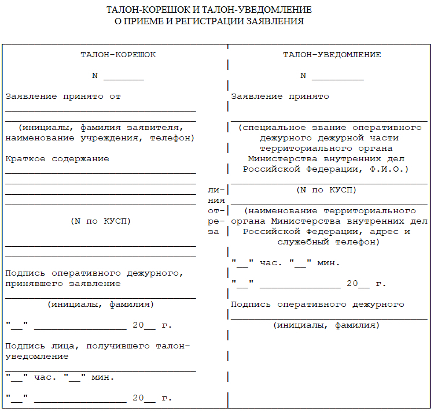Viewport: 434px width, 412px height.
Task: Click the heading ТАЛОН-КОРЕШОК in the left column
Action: pyautogui.click(x=117, y=55)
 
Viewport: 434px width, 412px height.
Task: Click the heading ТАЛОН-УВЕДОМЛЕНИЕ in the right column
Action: pyautogui.click(x=332, y=55)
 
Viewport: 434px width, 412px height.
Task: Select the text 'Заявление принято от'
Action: pyautogui.click(x=62, y=96)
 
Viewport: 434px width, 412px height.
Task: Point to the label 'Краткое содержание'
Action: pyautogui.click(x=57, y=159)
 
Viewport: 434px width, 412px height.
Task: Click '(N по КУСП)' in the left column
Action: pyautogui.click(x=100, y=221)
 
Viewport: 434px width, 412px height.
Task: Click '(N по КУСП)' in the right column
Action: pyautogui.click(x=326, y=190)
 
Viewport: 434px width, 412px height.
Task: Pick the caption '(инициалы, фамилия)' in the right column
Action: pyautogui.click(x=326, y=325)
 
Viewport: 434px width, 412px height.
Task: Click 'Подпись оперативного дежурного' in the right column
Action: pyautogui.click(x=317, y=305)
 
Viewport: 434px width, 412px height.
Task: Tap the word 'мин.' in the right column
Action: pyautogui.click(x=329, y=263)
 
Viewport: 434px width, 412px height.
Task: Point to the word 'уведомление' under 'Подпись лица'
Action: pyautogui.click(x=36, y=357)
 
